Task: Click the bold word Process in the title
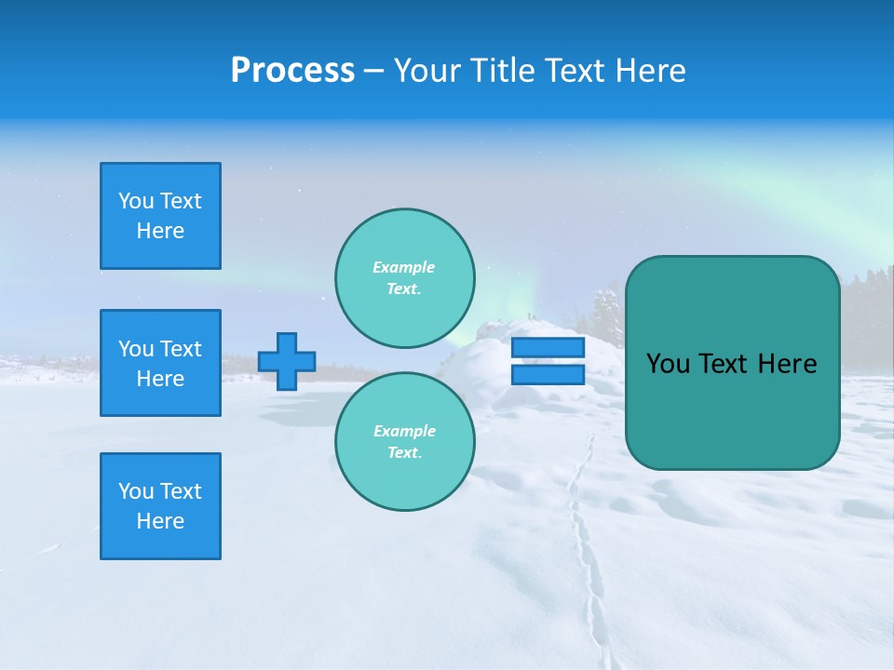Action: coord(292,71)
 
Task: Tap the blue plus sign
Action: coord(287,361)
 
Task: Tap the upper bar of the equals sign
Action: coord(548,347)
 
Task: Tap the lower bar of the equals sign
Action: coord(548,374)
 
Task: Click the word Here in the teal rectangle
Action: coord(786,364)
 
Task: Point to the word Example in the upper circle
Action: coord(403,267)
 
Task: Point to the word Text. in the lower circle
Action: coord(404,452)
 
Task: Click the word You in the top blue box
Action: coord(136,201)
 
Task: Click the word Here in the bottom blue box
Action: coord(160,521)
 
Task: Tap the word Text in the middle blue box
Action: coord(181,349)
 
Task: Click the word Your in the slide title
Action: coord(427,71)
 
